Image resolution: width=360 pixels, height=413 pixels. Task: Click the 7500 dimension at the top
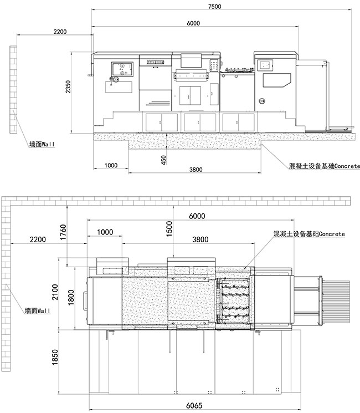point(214,6)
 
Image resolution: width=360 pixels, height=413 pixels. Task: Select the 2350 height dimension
point(68,86)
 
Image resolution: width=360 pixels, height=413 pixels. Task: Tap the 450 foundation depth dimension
point(163,160)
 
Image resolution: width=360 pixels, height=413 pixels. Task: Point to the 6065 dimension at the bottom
point(194,406)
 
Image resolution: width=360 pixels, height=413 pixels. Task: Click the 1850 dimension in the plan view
point(55,357)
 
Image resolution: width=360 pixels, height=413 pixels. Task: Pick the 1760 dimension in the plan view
point(64,232)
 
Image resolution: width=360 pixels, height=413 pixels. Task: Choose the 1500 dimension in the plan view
point(169,229)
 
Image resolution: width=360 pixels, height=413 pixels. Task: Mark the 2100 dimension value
point(55,292)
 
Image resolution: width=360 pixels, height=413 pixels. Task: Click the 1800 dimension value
point(71,298)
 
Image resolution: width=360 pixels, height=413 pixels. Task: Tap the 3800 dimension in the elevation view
point(196,170)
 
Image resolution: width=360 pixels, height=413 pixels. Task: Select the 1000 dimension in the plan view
point(105,232)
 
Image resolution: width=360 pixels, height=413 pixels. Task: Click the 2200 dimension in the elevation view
point(60,32)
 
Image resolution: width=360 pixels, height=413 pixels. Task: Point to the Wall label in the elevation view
point(42,144)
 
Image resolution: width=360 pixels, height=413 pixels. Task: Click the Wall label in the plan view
point(37,311)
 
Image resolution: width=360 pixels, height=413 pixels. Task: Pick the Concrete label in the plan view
point(309,234)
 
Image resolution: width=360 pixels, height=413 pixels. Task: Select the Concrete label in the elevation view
point(324,166)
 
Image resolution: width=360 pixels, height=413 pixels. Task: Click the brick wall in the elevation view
point(13,90)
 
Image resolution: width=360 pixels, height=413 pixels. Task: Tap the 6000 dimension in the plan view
point(197,216)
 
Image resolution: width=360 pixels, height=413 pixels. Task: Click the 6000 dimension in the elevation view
point(193,23)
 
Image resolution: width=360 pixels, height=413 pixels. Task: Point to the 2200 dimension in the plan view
point(38,239)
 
